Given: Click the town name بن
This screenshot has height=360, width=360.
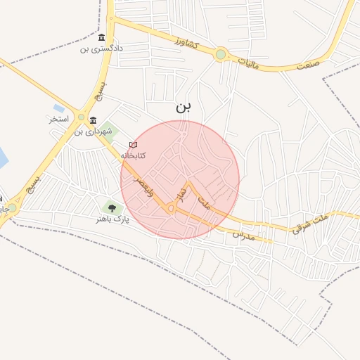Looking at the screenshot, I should tap(183, 107).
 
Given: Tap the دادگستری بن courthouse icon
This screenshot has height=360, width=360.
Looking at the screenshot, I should tap(102, 37).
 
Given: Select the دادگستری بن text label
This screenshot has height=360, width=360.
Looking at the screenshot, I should tap(102, 49).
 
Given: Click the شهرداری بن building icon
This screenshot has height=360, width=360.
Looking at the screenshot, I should tap(94, 121).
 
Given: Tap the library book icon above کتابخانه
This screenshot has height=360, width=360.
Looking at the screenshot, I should tap(133, 145).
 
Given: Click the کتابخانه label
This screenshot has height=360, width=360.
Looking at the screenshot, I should tap(133, 155).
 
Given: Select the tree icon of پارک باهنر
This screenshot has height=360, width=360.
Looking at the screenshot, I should tap(111, 207).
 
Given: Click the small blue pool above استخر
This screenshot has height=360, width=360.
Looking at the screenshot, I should tap(58, 108).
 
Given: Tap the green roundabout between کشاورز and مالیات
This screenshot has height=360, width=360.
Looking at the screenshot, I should tap(221, 54).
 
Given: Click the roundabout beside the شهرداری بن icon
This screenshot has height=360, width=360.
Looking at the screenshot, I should tap(82, 117).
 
